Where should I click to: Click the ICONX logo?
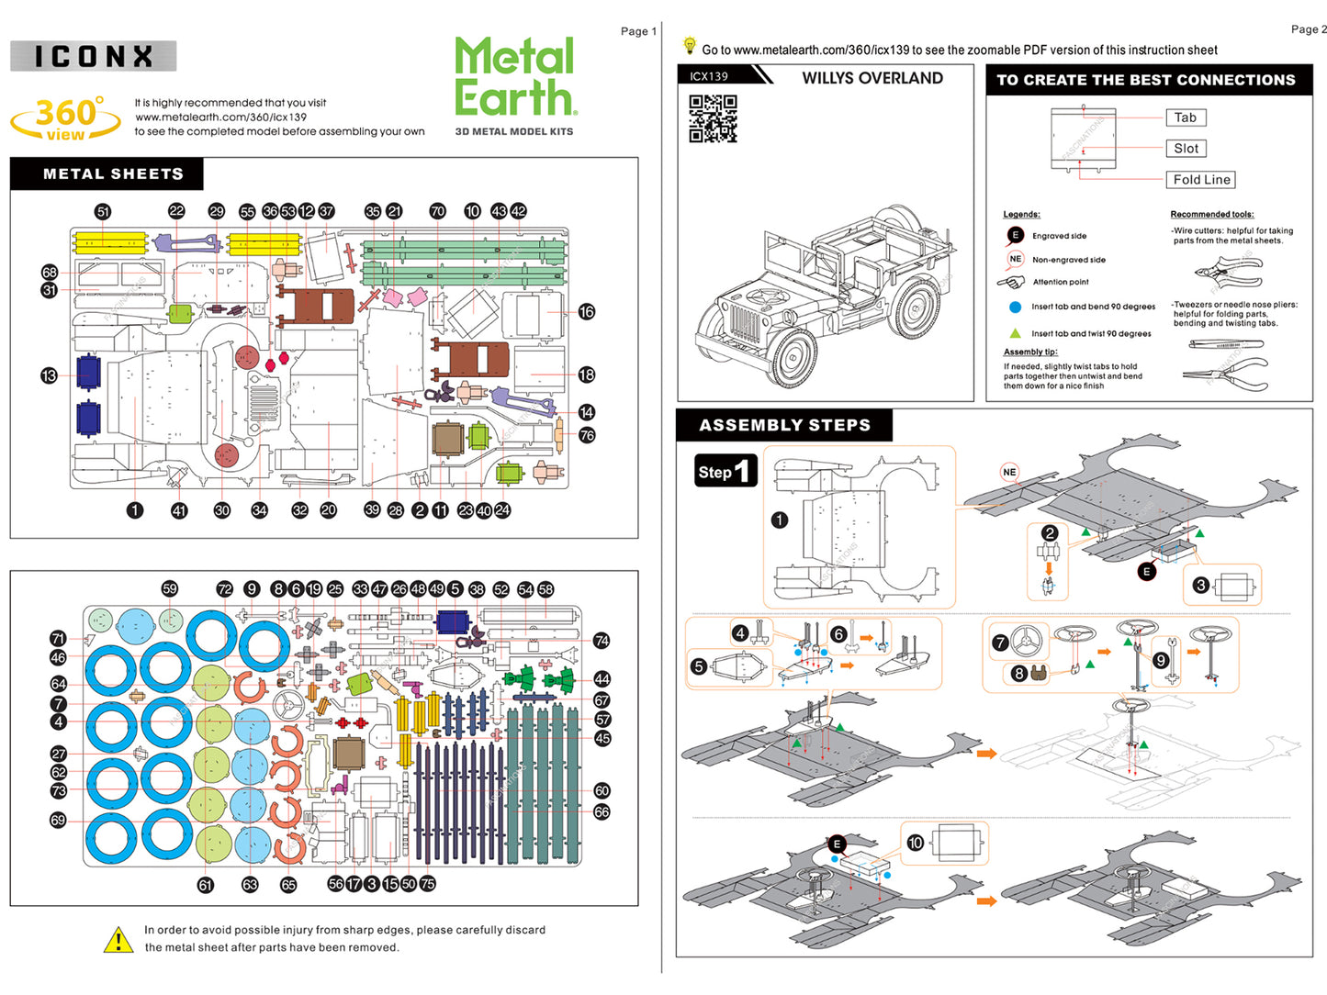[x=93, y=56]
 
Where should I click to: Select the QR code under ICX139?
[x=713, y=118]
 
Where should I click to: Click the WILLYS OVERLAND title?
[x=872, y=78]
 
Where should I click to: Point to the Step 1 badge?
[x=725, y=471]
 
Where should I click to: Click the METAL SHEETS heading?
[x=112, y=173]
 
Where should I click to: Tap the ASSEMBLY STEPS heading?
[x=784, y=425]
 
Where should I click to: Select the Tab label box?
[x=1185, y=117]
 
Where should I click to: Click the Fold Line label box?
[x=1201, y=180]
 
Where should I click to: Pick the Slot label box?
[x=1186, y=149]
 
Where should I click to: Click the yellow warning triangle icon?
[x=118, y=940]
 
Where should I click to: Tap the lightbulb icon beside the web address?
[x=690, y=45]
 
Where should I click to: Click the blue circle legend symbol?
[x=1015, y=307]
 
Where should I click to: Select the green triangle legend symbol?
[x=1015, y=333]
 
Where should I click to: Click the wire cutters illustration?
[x=1229, y=270]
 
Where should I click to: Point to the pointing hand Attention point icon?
[x=1010, y=282]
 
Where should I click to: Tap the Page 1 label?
[x=638, y=31]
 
